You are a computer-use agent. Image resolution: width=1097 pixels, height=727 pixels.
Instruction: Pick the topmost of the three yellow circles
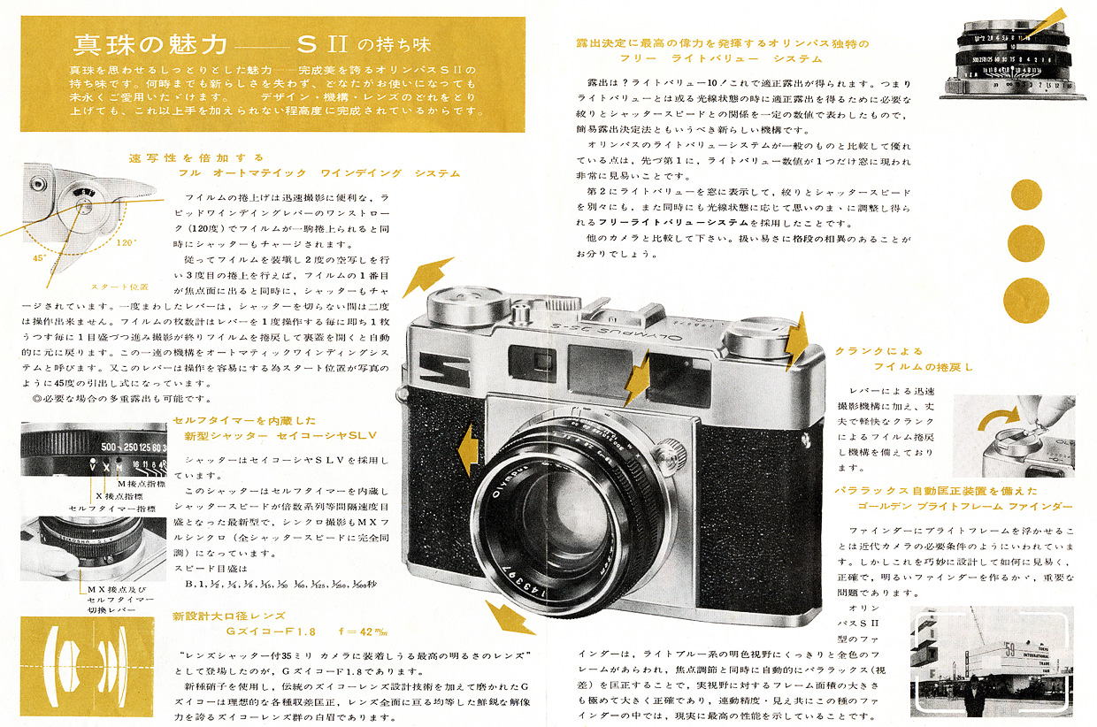(1026, 195)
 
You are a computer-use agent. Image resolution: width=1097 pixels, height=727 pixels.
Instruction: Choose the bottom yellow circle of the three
(1026, 300)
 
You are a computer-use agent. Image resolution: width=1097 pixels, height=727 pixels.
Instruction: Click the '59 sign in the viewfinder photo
(1009, 659)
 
